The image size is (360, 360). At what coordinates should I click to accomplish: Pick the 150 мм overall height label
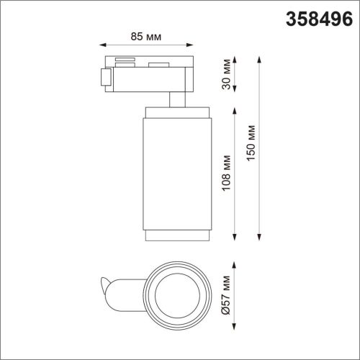(x=250, y=148)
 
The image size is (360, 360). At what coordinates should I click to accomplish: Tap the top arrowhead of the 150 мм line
(x=259, y=57)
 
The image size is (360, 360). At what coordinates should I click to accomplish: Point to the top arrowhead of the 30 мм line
(x=236, y=57)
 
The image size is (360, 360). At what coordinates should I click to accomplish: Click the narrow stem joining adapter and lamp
(x=176, y=99)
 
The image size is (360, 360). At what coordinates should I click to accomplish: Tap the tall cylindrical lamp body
(x=176, y=173)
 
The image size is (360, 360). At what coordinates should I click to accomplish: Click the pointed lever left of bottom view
(x=109, y=287)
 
